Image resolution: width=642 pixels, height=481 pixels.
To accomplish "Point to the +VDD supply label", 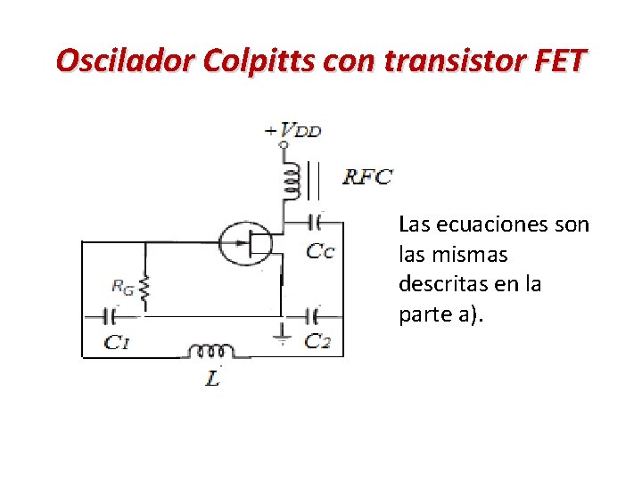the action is point(293,130).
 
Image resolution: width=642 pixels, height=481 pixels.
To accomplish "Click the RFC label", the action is point(367,176).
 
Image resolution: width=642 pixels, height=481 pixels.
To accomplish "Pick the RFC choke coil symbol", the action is point(288,179).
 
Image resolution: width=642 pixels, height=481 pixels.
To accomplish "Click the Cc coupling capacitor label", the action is point(320,251).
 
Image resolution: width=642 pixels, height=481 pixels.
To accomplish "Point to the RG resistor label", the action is point(124,286).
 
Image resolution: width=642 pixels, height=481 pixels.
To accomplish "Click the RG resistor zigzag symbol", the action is point(145,287).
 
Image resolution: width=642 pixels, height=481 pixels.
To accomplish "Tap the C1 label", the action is point(117,341).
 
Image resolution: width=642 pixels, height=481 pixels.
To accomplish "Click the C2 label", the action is point(318,340).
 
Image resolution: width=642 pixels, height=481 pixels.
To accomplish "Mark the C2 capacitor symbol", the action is point(314,315).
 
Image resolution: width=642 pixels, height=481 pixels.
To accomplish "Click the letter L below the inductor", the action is point(212,379).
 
